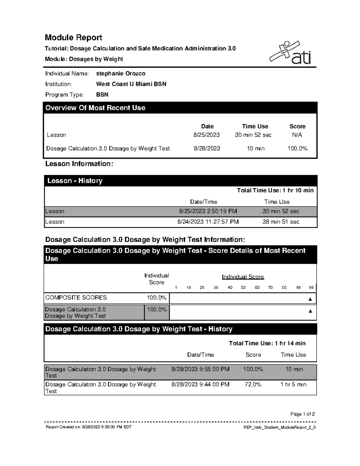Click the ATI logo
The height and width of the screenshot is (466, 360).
[290, 53]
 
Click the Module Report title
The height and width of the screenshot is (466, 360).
[73, 38]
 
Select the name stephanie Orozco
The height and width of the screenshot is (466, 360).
[121, 74]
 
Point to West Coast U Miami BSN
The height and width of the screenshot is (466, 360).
[131, 84]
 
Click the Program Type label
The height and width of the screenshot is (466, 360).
[64, 95]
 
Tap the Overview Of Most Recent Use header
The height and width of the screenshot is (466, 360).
[95, 108]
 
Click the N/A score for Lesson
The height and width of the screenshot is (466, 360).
[297, 135]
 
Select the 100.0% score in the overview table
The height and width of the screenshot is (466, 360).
[297, 149]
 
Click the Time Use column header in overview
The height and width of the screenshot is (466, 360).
[255, 126]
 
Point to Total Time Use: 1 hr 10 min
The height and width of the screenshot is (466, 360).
[275, 190]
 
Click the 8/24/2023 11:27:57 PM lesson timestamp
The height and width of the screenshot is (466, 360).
[208, 222]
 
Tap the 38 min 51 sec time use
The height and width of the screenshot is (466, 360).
[280, 222]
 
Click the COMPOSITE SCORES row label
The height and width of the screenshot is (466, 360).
[76, 297]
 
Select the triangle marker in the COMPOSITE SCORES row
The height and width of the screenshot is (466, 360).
[310, 299]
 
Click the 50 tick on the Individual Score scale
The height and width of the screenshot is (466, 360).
[243, 287]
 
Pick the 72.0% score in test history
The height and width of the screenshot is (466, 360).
[253, 384]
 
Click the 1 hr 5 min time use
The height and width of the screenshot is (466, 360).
[293, 384]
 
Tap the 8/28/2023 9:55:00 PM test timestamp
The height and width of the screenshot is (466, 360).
[200, 369]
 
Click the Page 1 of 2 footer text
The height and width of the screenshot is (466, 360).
[302, 414]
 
